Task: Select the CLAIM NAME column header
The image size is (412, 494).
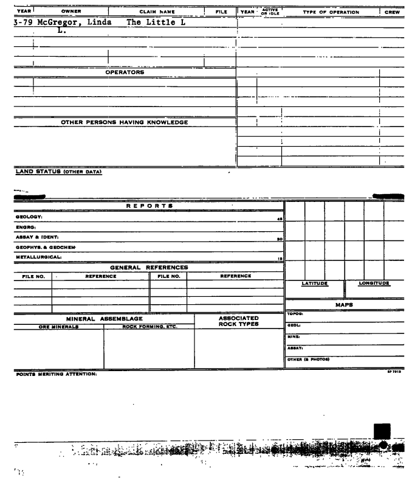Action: click(x=157, y=12)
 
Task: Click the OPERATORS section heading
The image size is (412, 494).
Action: click(x=125, y=72)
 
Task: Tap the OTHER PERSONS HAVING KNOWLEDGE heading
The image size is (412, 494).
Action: click(x=125, y=122)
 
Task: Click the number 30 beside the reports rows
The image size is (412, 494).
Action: click(x=280, y=239)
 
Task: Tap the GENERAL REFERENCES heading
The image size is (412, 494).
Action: click(x=149, y=267)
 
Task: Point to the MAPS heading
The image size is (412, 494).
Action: click(x=345, y=304)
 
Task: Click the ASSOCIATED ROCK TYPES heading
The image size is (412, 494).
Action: click(x=238, y=321)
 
